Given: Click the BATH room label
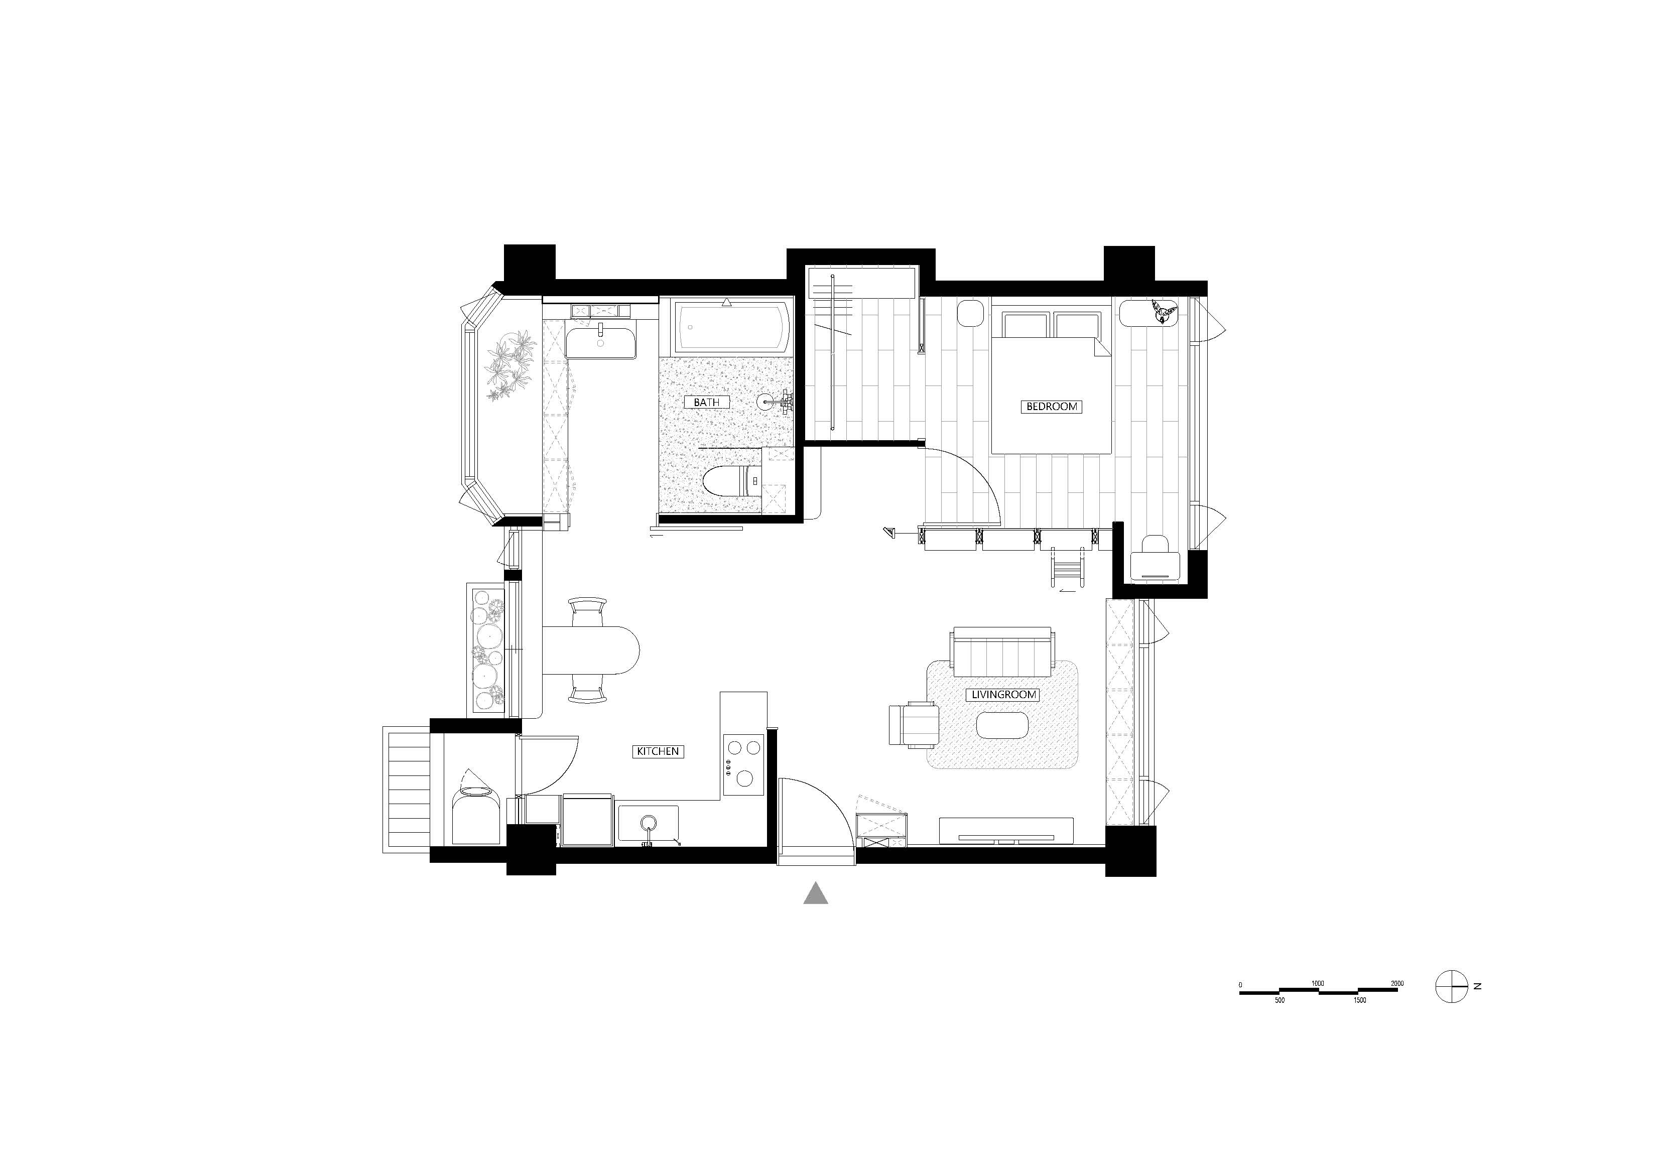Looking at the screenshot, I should [706, 402].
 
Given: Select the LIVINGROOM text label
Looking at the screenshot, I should [1004, 695].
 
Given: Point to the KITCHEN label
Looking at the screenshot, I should [658, 751].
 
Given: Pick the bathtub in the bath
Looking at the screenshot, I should [730, 327].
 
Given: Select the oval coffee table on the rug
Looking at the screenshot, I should [1003, 725].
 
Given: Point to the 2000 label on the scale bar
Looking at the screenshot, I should [1396, 984].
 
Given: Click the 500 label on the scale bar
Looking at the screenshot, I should [1279, 1000].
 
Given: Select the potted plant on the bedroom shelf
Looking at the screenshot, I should [1163, 311].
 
